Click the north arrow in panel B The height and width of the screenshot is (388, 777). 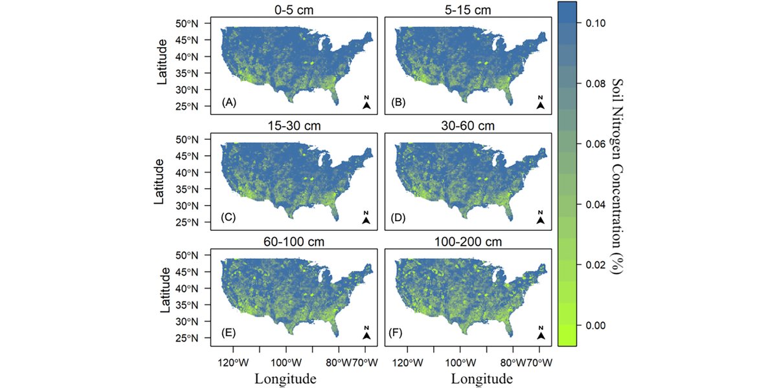pos(541,103)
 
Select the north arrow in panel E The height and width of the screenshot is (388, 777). pos(366,334)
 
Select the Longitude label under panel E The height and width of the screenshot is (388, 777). pos(286,378)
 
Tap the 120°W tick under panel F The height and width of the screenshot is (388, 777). pos(409,362)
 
